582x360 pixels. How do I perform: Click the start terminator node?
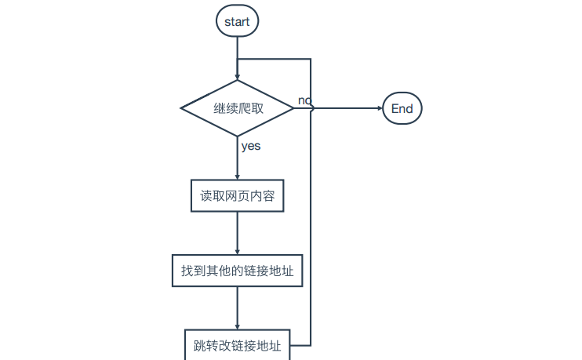pos(237,21)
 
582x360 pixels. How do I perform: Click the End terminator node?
pos(402,109)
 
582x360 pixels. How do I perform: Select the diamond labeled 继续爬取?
pos(237,108)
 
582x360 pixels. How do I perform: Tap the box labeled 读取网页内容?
pos(237,196)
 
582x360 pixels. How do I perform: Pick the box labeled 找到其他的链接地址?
pos(237,271)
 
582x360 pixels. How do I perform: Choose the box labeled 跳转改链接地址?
pos(237,344)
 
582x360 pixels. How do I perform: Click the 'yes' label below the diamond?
pos(251,146)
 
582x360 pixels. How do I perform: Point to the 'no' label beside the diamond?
pos(304,100)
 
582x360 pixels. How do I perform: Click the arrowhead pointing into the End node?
pos(378,109)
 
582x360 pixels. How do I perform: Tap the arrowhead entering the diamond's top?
pos(237,76)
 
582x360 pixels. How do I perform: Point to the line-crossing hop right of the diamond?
pos(312,109)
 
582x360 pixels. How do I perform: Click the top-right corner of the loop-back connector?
pos(311,59)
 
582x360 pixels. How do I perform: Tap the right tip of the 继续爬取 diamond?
pos(293,108)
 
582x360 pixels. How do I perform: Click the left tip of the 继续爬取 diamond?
pos(181,108)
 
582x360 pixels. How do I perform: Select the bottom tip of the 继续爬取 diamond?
pos(237,136)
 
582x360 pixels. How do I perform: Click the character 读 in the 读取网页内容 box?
pos(206,196)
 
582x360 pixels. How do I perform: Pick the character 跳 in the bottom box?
pos(199,345)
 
